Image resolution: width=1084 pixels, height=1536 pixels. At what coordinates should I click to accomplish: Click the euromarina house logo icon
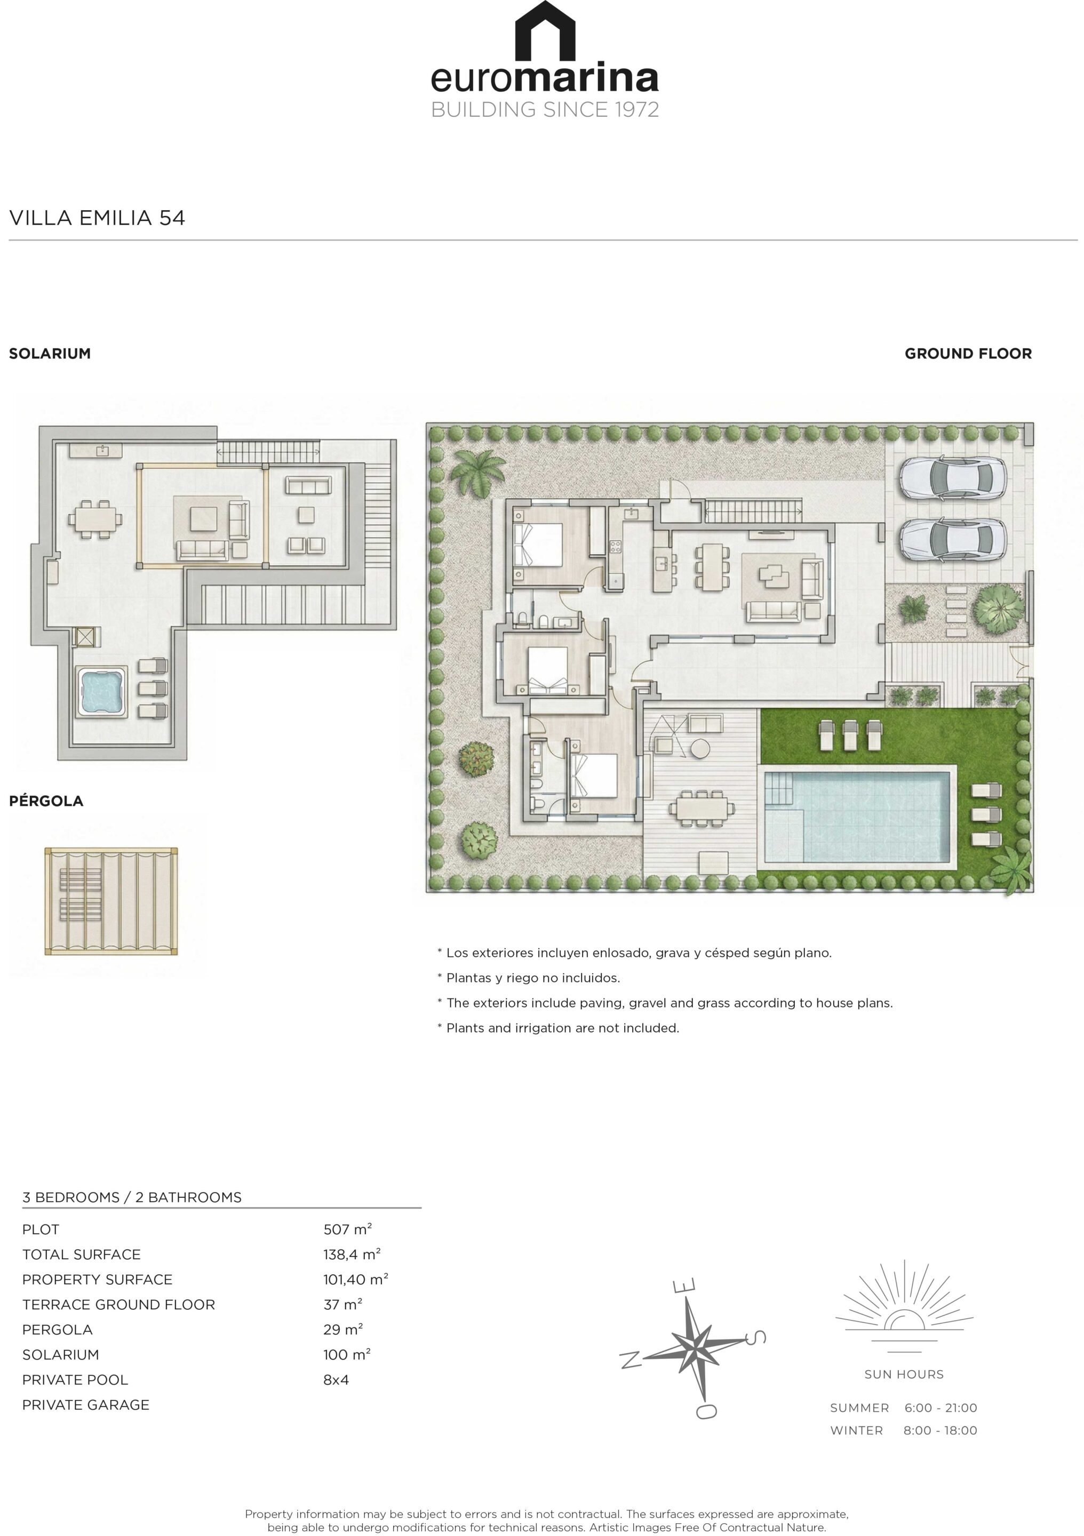pyautogui.click(x=544, y=31)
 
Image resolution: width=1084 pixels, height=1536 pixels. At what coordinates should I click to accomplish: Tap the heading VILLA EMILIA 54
pyautogui.click(x=97, y=218)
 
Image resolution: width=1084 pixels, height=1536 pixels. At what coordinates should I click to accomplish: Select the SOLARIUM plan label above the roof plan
pyautogui.click(x=50, y=353)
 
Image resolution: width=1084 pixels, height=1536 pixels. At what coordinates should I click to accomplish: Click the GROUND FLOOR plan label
pyautogui.click(x=968, y=353)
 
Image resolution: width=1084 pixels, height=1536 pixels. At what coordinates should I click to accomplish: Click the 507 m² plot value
pyautogui.click(x=347, y=1229)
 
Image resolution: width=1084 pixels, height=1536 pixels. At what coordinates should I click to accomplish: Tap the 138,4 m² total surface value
pyautogui.click(x=352, y=1254)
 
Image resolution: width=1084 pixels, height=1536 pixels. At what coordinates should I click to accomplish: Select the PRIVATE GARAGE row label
pyautogui.click(x=86, y=1405)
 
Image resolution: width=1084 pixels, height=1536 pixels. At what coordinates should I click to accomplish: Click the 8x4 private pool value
pyautogui.click(x=336, y=1379)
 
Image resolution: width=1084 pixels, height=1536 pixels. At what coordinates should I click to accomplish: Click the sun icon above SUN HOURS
pyautogui.click(x=904, y=1302)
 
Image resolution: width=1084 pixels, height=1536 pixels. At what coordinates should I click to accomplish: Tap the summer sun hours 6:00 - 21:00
pyautogui.click(x=941, y=1407)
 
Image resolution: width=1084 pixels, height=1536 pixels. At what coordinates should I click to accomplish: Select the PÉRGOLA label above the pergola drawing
pyautogui.click(x=46, y=801)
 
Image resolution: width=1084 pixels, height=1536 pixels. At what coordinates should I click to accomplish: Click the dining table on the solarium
pyautogui.click(x=95, y=518)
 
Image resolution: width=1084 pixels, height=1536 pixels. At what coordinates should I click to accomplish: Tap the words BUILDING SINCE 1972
pyautogui.click(x=545, y=109)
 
